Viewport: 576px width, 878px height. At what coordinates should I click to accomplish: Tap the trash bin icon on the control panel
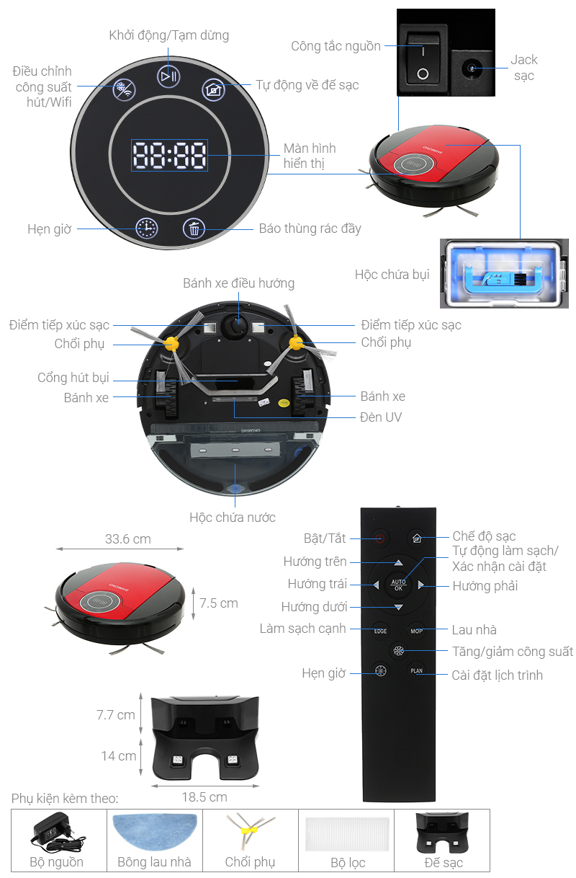pyautogui.click(x=194, y=229)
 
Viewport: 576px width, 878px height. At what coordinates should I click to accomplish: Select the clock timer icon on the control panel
pyautogui.click(x=147, y=229)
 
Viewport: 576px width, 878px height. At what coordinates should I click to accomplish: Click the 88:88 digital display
pyautogui.click(x=169, y=155)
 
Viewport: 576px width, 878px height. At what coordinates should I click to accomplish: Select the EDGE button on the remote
pyautogui.click(x=380, y=631)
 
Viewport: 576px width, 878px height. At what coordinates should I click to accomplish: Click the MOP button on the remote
pyautogui.click(x=416, y=631)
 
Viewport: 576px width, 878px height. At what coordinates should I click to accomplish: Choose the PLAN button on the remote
pyautogui.click(x=416, y=671)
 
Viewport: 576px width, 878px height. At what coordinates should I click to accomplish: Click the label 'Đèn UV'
pyautogui.click(x=381, y=417)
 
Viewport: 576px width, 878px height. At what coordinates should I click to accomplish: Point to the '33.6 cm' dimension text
pyautogui.click(x=128, y=539)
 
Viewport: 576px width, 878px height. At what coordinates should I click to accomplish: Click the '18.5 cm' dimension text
pyautogui.click(x=204, y=797)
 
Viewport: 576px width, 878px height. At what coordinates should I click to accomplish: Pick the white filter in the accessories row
pyautogui.click(x=348, y=832)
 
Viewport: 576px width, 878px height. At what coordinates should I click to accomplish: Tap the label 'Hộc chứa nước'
pyautogui.click(x=232, y=518)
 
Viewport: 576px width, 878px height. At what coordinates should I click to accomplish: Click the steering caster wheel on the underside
pyautogui.click(x=235, y=326)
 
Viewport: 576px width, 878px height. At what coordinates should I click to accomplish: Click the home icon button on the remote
pyautogui.click(x=416, y=538)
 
